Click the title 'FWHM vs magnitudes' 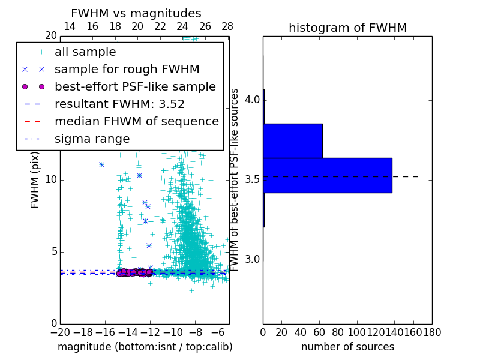coord(136,13)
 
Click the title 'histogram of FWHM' coord(347,28)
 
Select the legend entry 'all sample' coord(85,52)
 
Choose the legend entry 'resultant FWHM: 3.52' coord(119,104)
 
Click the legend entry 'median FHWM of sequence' coord(136,121)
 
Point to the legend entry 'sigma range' coord(92,139)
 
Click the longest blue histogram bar coord(328,175)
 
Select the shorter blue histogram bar coord(293,141)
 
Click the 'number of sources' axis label coord(347,347)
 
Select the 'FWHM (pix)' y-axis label coord(35,180)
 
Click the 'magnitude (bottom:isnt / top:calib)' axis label coord(145,347)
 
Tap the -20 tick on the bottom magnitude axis coord(60,332)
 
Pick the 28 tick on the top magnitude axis coord(227,26)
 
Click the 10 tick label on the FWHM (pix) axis coord(51,180)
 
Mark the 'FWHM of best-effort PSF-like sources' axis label coord(235,180)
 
